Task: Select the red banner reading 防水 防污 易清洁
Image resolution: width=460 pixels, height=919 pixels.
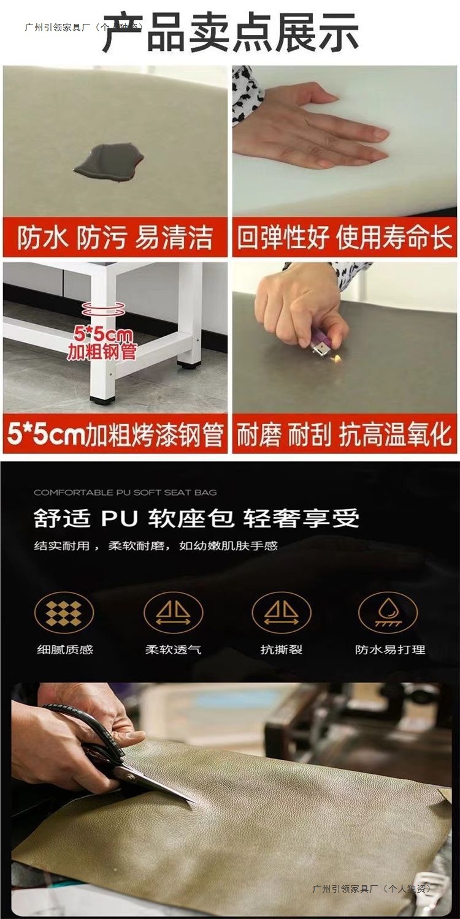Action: (115, 238)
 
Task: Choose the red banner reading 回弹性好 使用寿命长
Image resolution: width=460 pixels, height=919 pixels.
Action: (344, 238)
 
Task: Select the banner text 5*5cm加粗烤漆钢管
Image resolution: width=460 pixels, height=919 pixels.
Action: (115, 434)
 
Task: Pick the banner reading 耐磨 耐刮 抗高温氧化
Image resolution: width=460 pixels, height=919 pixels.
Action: (344, 434)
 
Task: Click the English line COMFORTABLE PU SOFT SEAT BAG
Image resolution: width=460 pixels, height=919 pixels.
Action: (125, 493)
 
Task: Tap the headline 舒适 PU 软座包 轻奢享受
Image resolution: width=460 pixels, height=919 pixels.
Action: (196, 518)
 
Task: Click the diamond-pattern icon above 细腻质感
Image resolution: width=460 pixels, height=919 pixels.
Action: (64, 613)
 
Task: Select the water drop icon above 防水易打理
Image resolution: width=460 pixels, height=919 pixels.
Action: (388, 613)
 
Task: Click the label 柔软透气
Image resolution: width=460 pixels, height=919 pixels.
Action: (174, 649)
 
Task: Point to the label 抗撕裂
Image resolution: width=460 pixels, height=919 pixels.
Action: (282, 649)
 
